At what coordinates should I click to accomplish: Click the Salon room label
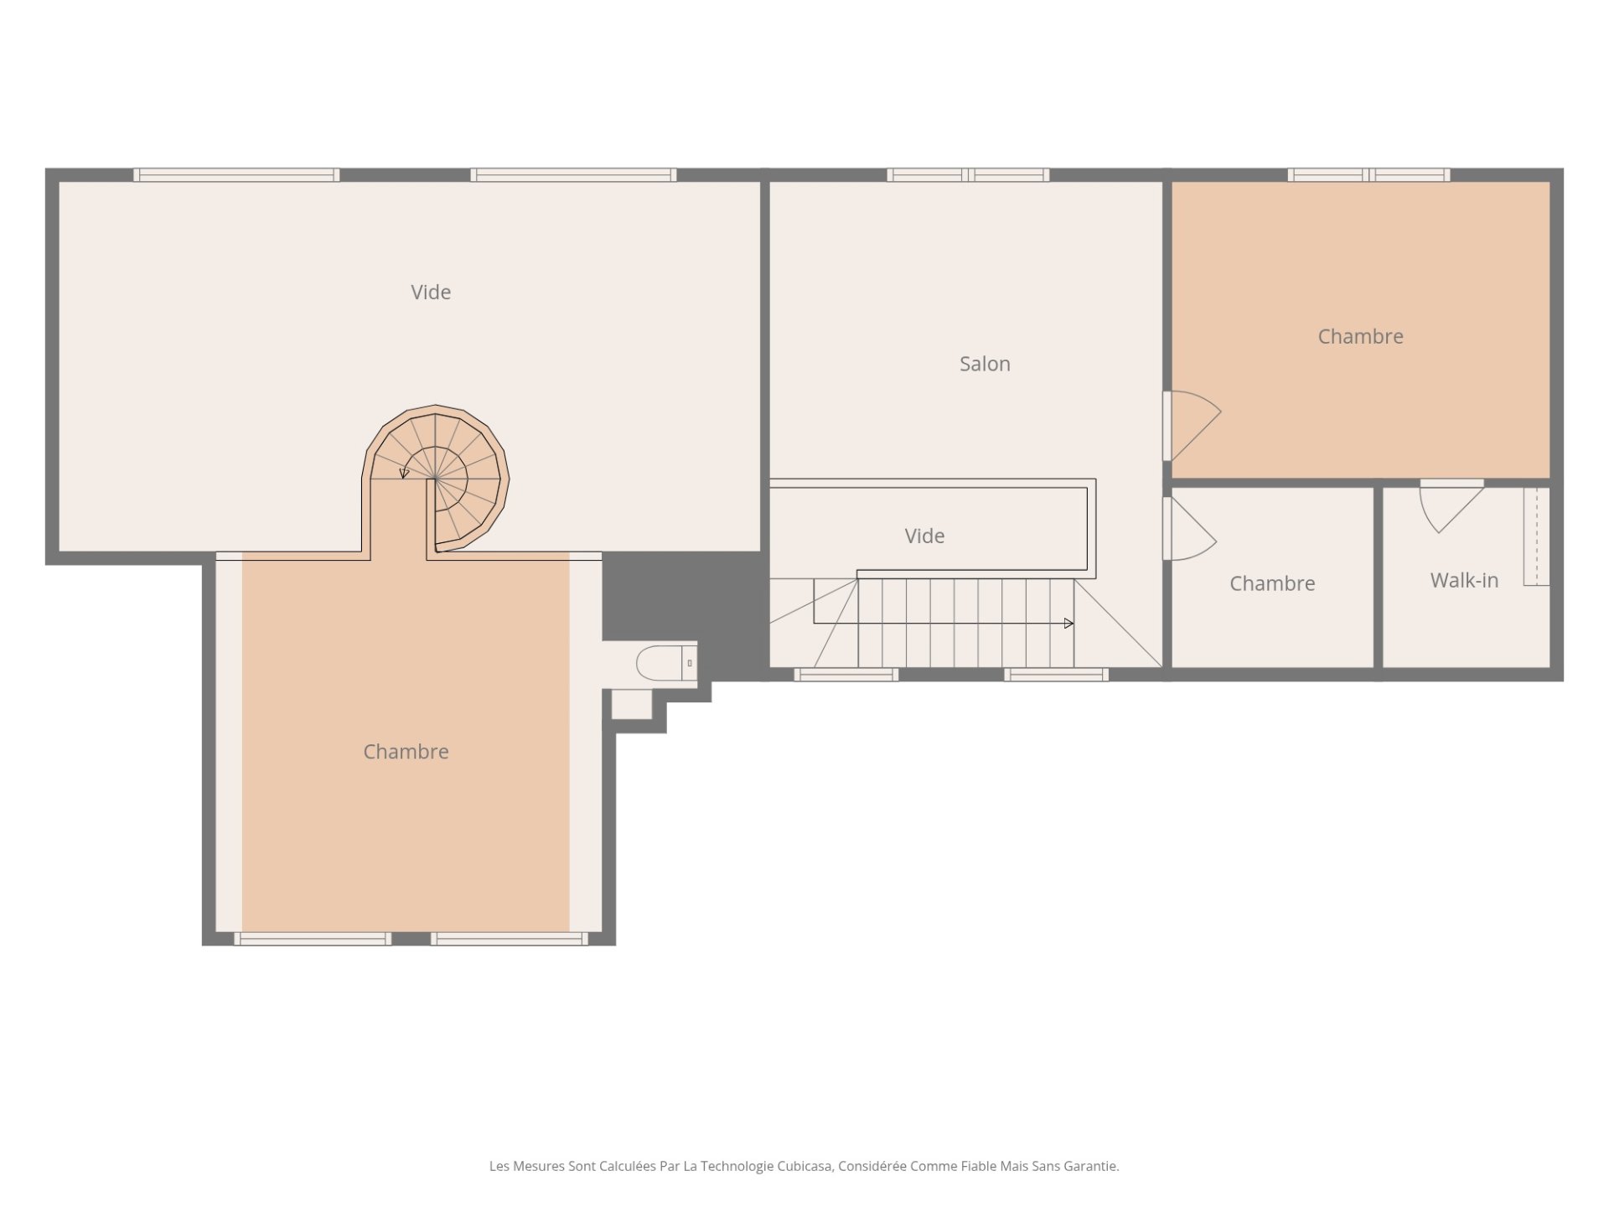pos(985,364)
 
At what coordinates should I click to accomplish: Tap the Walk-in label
pos(1464,580)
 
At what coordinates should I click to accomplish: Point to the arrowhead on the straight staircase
pos(1068,624)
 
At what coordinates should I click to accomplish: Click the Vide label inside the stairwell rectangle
pos(924,536)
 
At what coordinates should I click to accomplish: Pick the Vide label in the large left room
pos(431,292)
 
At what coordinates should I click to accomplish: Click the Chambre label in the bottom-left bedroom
pos(406,751)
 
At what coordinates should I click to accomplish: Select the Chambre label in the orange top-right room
pos(1360,336)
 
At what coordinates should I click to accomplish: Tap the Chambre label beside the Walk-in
pos(1272,583)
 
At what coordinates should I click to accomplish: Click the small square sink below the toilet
pos(632,704)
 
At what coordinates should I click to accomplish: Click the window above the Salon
pos(968,175)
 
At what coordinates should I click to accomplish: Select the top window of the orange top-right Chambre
pos(1368,175)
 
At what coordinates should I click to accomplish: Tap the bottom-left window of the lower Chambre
pos(313,939)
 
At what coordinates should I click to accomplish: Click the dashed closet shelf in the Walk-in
pos(1536,536)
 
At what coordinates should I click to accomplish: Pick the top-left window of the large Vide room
pos(236,175)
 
